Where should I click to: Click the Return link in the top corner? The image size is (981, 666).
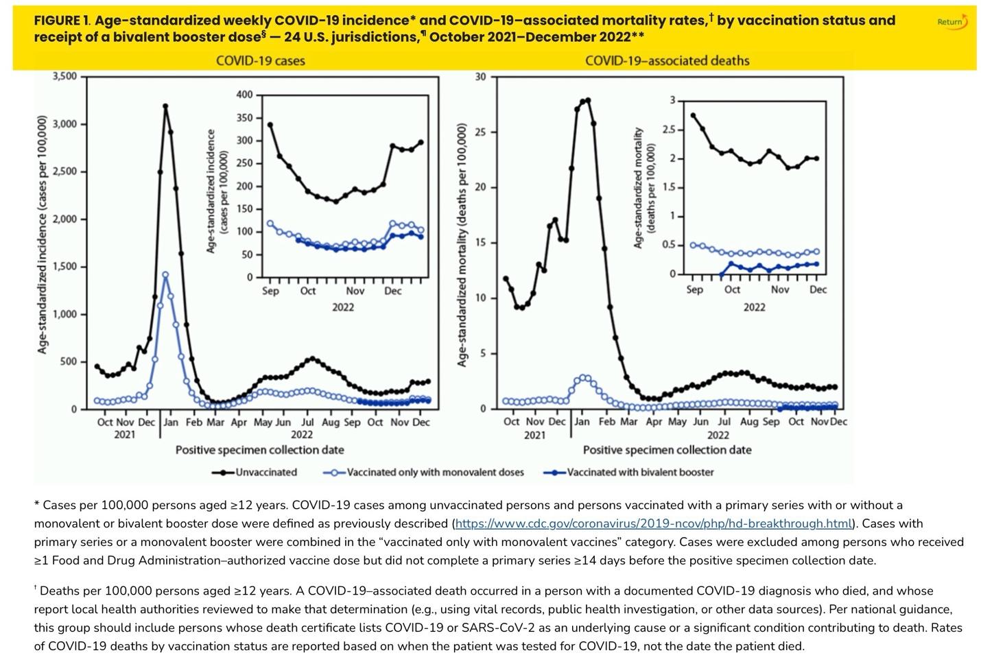pos(952,22)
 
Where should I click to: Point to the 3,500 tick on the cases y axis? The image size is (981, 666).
pos(64,76)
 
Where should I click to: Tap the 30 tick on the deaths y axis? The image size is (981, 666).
pos(480,77)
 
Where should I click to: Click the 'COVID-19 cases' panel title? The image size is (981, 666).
pos(260,60)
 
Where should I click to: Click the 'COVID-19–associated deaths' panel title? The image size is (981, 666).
pos(667,60)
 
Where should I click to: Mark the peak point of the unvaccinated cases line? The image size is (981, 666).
pos(165,106)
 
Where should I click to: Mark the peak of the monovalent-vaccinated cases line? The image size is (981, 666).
pos(165,274)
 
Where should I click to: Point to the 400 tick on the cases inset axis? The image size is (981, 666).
pos(244,95)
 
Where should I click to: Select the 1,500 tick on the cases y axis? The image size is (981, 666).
pos(64,267)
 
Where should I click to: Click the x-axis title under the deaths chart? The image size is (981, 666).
pos(667,450)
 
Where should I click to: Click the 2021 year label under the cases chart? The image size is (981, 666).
pos(124,435)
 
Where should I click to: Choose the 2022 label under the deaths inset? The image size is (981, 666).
pos(754,307)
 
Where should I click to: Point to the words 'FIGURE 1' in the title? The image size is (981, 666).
pos(61,21)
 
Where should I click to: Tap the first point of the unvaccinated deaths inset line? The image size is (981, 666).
pos(693,115)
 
